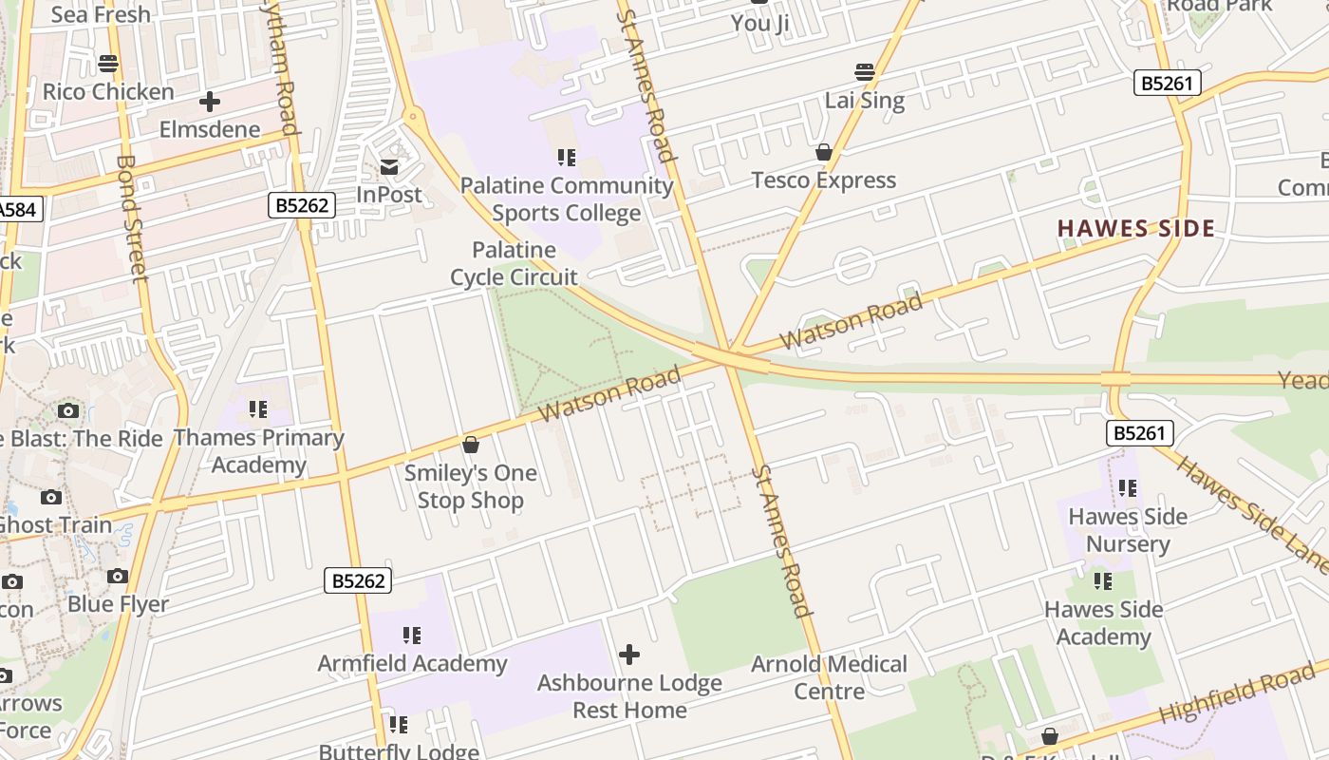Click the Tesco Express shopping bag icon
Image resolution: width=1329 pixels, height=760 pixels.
tap(824, 152)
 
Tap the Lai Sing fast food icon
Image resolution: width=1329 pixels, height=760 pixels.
tap(864, 71)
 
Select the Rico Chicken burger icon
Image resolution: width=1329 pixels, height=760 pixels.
tap(108, 64)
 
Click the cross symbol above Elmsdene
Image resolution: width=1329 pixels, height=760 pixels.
tap(210, 102)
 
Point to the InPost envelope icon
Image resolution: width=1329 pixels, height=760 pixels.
tap(389, 167)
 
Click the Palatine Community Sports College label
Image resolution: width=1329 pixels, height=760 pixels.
tap(567, 199)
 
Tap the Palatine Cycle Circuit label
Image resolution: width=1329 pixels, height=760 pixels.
tap(514, 263)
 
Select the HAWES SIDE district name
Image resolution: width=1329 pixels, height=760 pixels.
tap(1136, 228)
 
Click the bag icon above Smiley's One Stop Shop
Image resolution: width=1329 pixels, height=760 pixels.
tap(470, 444)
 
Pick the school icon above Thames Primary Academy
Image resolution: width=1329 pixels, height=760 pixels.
tap(258, 409)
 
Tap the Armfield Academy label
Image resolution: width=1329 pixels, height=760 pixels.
tap(412, 663)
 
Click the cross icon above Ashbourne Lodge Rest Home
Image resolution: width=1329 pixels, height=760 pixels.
tap(628, 655)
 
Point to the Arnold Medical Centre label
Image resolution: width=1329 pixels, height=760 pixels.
tap(829, 677)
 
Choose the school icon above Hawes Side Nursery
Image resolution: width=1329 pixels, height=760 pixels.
tap(1128, 488)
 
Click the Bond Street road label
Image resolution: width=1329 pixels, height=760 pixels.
tap(133, 218)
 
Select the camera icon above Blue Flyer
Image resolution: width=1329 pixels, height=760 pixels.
tap(118, 576)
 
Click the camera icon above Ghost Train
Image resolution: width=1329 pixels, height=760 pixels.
tap(51, 497)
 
